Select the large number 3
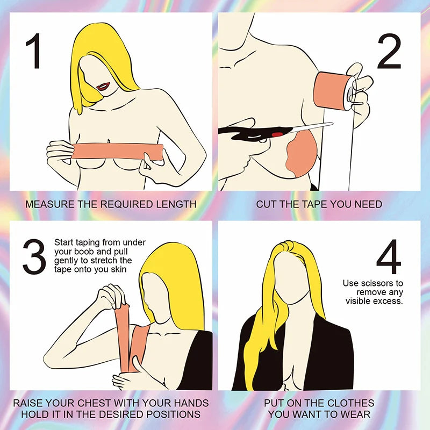tap(34, 257)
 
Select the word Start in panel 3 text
tap(64, 243)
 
